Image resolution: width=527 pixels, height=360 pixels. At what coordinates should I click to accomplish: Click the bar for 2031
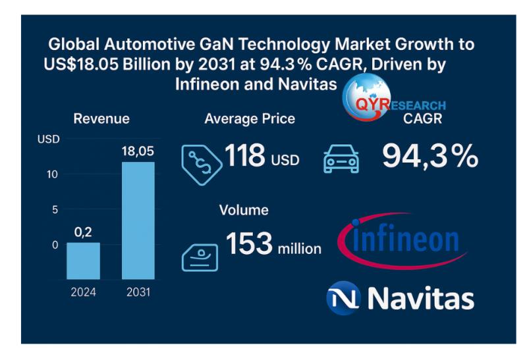point(138,220)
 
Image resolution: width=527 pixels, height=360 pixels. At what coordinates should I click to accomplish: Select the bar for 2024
point(84,261)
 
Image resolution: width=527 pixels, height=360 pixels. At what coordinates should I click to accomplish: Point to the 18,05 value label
point(138,151)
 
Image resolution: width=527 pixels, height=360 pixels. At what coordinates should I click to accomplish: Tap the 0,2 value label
point(83,232)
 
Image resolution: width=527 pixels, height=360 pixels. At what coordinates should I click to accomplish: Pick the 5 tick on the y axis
point(55,210)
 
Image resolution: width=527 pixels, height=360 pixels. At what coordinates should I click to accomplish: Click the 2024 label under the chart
point(84,292)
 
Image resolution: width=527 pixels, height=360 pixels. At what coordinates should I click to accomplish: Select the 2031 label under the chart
point(138,292)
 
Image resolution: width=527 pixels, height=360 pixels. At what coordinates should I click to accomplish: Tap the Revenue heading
point(101,119)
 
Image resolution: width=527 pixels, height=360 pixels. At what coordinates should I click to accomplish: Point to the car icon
point(341,160)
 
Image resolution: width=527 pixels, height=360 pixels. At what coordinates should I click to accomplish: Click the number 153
point(250,244)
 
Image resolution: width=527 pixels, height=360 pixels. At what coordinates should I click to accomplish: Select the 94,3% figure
point(430,156)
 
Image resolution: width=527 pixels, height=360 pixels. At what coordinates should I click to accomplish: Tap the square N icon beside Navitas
point(343,298)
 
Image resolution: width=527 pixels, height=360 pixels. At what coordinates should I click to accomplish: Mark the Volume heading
point(244,210)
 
